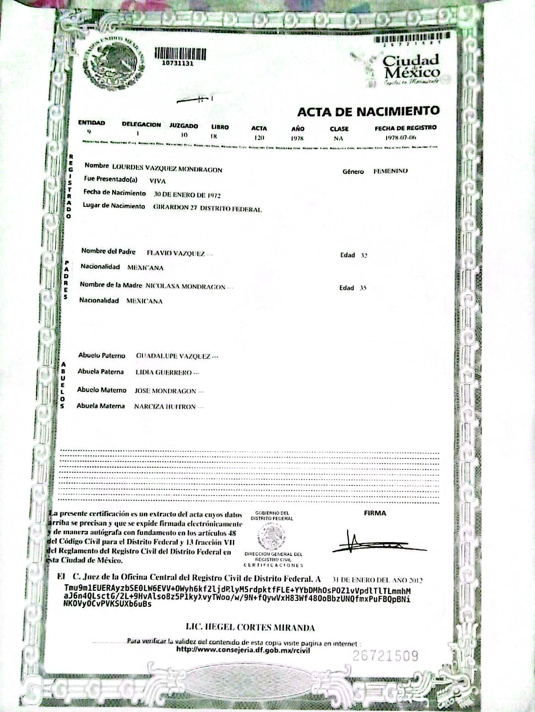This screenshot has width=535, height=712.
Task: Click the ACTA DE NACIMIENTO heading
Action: (x=368, y=111)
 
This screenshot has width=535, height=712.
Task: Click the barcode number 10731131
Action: (x=178, y=64)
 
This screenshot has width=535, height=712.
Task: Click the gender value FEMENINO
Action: (x=390, y=171)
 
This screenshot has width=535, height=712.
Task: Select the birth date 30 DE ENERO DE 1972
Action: (x=187, y=195)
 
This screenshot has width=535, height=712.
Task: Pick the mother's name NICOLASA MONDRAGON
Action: (x=186, y=287)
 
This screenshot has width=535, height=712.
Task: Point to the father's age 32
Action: (x=364, y=256)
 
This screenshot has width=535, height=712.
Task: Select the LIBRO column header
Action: (x=220, y=127)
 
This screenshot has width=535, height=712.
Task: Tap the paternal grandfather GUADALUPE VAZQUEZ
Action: (x=173, y=356)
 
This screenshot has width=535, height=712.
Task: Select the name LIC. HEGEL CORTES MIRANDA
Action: (x=250, y=627)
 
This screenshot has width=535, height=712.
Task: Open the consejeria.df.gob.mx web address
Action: (x=243, y=649)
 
